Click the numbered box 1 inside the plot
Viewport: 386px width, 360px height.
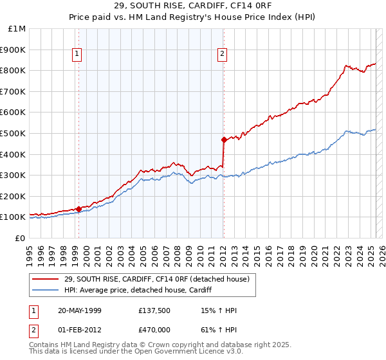pos(77,55)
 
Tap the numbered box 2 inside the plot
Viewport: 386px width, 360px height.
pos(222,55)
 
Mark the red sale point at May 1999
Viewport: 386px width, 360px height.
pos(78,209)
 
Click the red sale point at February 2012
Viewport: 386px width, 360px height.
pos(224,139)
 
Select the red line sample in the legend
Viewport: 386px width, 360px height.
pos(46,278)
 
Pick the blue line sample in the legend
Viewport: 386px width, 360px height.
pos(46,290)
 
